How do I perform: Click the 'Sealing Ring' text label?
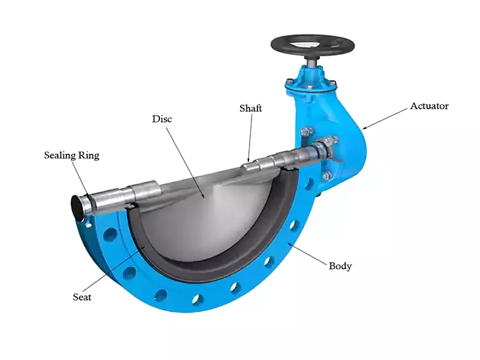[x=71, y=155]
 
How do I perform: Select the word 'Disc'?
[x=162, y=119]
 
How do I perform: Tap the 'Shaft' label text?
[x=250, y=109]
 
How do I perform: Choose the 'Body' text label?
[x=340, y=265]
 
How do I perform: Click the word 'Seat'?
[x=82, y=297]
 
